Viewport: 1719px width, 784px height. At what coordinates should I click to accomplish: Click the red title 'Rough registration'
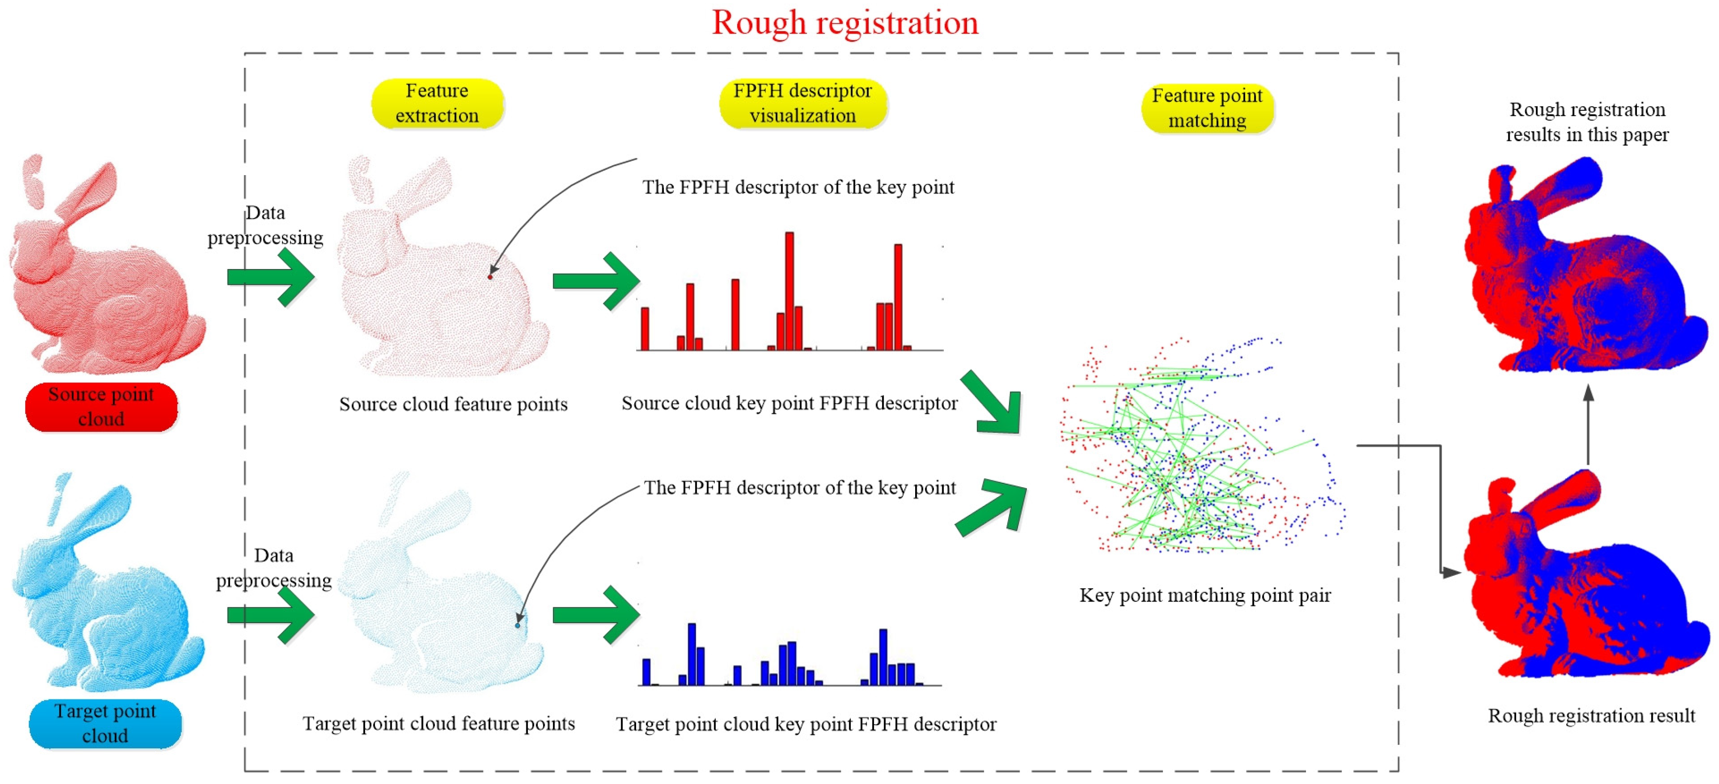(x=845, y=23)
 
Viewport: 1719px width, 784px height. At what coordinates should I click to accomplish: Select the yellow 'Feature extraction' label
(x=437, y=103)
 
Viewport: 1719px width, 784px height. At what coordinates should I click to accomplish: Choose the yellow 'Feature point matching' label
(x=1207, y=108)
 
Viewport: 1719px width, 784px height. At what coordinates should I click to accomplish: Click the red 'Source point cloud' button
(x=101, y=407)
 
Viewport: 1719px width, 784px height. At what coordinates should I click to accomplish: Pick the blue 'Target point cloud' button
(x=105, y=723)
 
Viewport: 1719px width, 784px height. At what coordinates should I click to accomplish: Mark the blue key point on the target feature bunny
(x=518, y=626)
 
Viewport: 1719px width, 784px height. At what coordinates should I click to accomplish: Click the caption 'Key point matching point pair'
(x=1205, y=595)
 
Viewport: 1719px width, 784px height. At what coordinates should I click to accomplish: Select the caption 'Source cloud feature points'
(x=453, y=404)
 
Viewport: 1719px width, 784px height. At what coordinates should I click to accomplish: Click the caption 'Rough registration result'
(x=1591, y=716)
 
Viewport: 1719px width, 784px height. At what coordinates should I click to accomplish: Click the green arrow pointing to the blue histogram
(x=596, y=614)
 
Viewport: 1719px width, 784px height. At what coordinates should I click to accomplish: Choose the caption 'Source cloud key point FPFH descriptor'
(x=789, y=404)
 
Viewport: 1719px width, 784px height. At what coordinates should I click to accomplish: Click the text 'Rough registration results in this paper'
(x=1587, y=122)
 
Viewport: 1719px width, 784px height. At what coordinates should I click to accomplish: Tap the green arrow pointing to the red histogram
(x=596, y=281)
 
